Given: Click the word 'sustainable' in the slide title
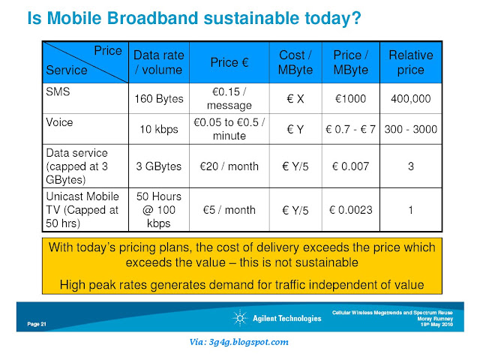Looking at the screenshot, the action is tap(252, 18).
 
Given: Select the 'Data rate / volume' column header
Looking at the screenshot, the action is tap(159, 62).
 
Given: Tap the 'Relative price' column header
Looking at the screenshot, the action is tap(411, 62).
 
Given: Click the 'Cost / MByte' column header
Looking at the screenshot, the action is tap(295, 62).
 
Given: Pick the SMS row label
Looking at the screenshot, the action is tap(58, 91).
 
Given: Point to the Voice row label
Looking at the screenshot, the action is tap(59, 122).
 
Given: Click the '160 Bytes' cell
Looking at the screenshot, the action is tap(159, 99).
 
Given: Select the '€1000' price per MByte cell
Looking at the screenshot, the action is tap(350, 99).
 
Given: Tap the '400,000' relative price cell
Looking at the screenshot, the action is tap(411, 99).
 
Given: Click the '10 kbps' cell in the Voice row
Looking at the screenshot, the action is tap(159, 129).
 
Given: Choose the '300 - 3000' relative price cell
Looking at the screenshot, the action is tap(411, 129).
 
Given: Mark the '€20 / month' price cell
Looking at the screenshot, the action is tap(229, 166).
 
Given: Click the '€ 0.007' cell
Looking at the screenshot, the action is tap(350, 166).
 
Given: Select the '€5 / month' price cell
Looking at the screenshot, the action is tap(229, 210).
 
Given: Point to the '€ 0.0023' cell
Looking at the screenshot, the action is tap(350, 210).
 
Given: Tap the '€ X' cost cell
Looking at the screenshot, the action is tap(295, 99).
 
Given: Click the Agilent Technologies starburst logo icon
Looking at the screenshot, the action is tap(240, 318).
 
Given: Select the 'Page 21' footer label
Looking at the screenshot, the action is tap(37, 324).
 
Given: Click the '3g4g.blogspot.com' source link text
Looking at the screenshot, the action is tap(248, 342).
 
